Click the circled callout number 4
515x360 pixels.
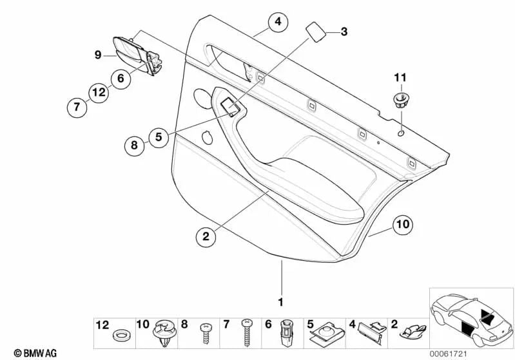click(277, 23)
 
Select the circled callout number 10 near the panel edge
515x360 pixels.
click(403, 225)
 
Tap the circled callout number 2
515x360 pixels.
click(206, 237)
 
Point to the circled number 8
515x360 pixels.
click(134, 146)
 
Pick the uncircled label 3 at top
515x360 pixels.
click(344, 31)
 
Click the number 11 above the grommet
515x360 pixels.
click(400, 78)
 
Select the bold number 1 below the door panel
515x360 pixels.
click(280, 301)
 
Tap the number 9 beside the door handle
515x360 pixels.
click(99, 56)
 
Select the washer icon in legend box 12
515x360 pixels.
click(119, 336)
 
